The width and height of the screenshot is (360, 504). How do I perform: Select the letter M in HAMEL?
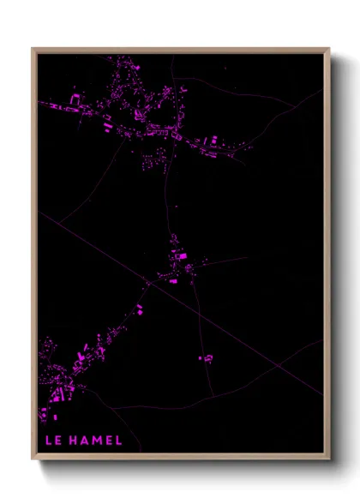[x=97, y=441]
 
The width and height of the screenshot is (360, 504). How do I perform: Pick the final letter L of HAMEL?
[x=118, y=441]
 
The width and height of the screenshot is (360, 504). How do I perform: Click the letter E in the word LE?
[x=57, y=441]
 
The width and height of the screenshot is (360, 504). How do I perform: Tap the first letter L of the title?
[x=47, y=441]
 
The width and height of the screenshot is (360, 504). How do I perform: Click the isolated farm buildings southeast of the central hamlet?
[x=207, y=357]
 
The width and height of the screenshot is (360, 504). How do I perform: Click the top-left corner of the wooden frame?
[x=33, y=49]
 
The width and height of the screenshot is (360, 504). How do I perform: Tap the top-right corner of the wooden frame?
[x=329, y=49]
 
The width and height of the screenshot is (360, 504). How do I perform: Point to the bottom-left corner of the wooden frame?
[x=33, y=459]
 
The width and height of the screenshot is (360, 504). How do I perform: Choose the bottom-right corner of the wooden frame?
[x=329, y=459]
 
